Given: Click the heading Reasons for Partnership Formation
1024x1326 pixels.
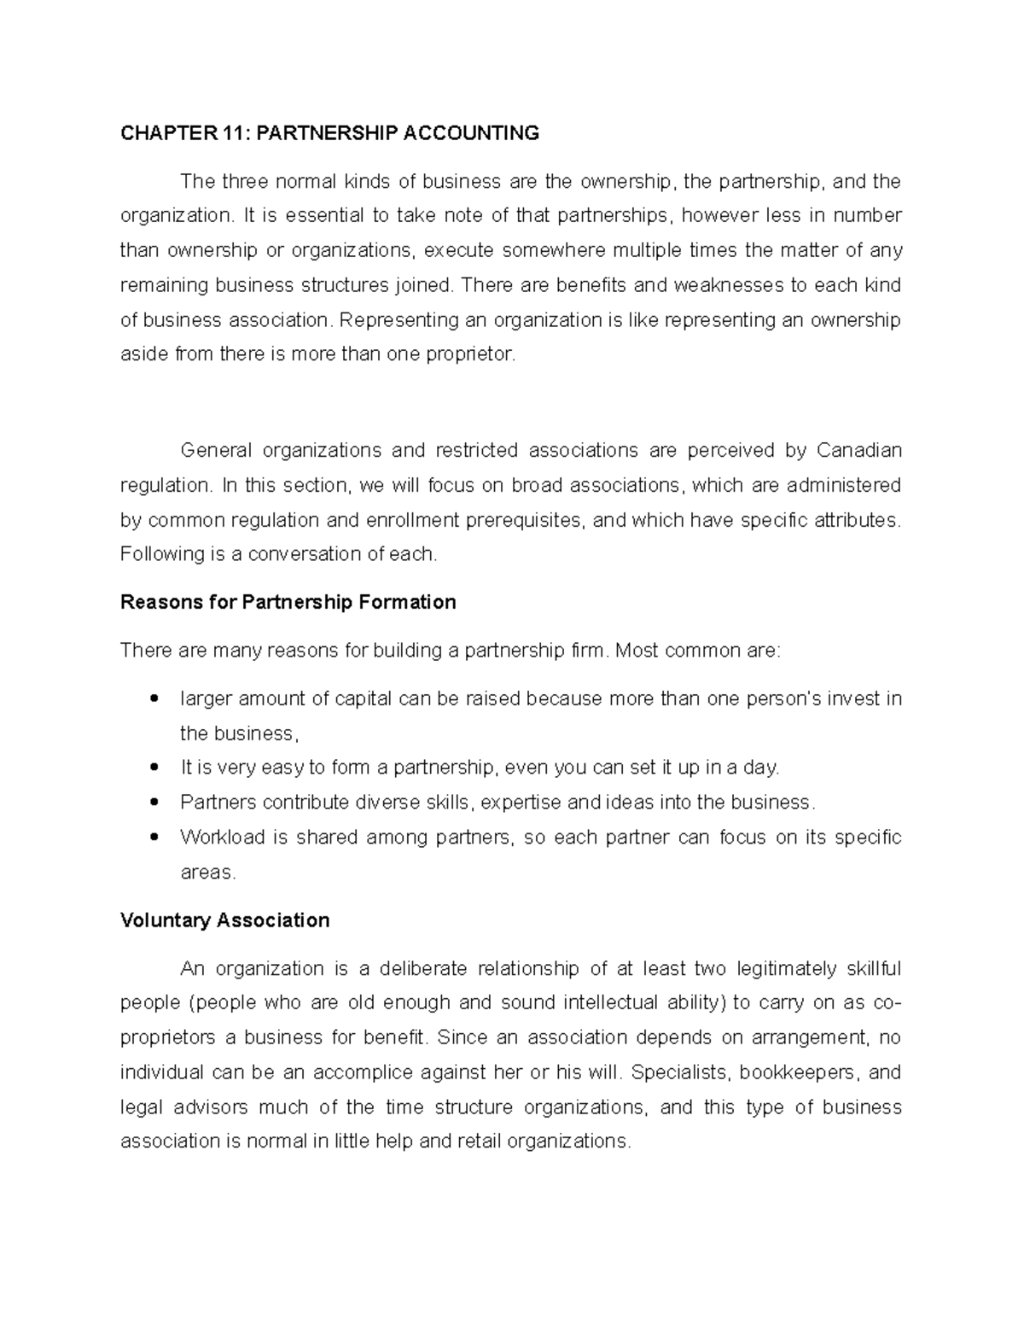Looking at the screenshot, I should point(288,602).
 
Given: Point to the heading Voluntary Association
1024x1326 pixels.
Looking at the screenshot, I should point(225,920).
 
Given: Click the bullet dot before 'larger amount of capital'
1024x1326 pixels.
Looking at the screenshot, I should point(154,699).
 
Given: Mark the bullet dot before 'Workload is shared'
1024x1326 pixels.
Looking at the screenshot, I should point(154,838).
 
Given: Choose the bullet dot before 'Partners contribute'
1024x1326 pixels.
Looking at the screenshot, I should point(154,803).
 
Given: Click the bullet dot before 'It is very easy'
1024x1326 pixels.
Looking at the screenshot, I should point(154,768).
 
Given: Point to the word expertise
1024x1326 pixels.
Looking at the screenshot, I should point(522,802).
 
